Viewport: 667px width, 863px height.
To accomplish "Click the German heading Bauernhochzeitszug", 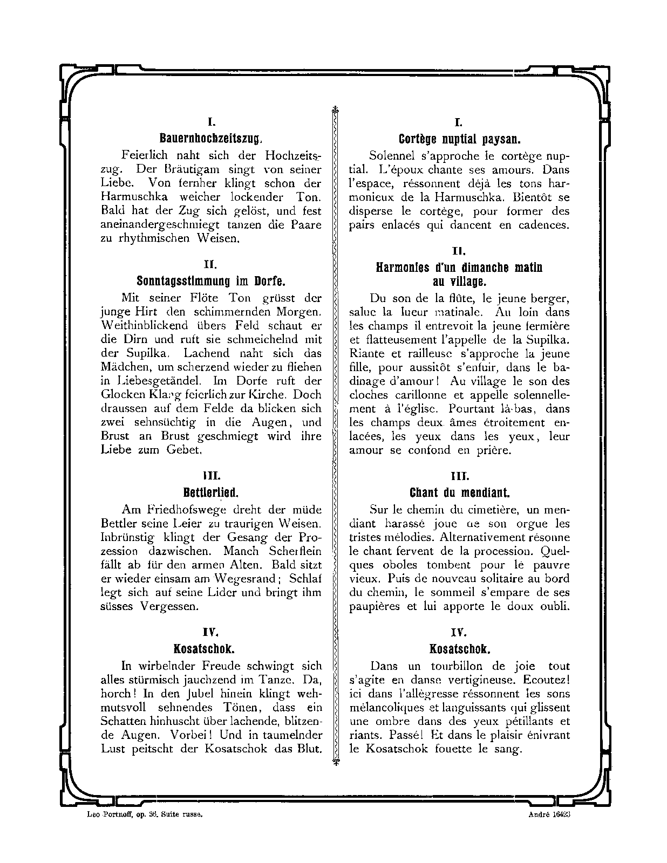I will click(211, 139).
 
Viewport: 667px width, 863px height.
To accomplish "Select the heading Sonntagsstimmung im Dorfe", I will click(211, 282).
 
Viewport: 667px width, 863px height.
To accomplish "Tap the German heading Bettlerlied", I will click(211, 492).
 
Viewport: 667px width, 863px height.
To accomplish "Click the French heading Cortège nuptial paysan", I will click(459, 139).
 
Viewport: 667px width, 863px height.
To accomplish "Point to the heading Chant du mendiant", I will click(459, 492).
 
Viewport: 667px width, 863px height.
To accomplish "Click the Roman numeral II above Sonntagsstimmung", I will click(211, 265).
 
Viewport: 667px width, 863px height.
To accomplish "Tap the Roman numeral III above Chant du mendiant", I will click(460, 476).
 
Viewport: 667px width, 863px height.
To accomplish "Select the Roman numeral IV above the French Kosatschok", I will click(460, 632).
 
